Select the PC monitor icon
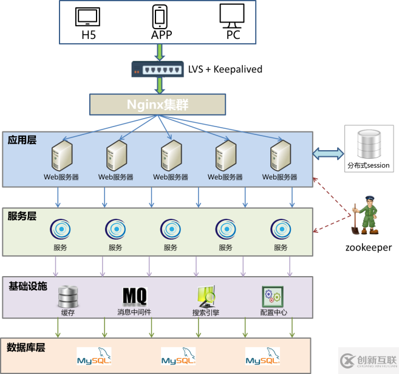tap(232, 16)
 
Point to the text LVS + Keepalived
tap(225, 69)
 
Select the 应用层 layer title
tap(22, 140)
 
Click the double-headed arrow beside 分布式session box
tap(328, 154)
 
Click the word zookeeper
tap(367, 248)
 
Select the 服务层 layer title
tap(22, 216)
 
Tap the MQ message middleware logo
tap(135, 296)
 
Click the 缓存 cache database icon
tap(67, 297)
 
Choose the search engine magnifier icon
tap(205, 296)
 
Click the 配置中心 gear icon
tap(273, 296)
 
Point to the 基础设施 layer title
tap(27, 285)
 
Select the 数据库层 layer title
tap(27, 348)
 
